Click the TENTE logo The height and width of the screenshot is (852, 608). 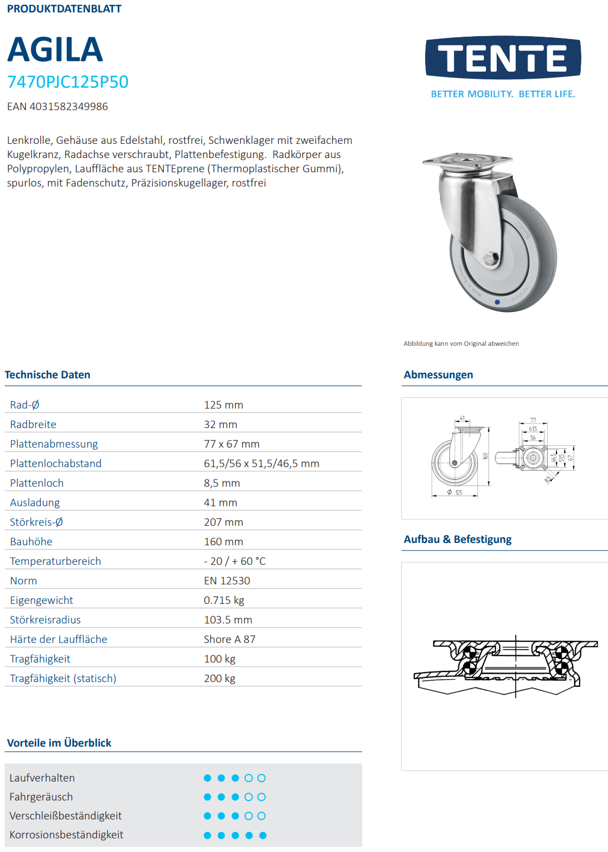(503, 58)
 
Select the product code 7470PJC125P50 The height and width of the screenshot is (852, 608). (67, 82)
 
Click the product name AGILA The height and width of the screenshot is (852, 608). (55, 50)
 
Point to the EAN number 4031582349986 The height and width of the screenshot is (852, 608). (57, 107)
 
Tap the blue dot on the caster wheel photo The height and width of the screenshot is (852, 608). (497, 302)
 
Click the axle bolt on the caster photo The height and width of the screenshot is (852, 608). (489, 259)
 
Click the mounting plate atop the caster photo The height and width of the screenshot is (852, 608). (467, 160)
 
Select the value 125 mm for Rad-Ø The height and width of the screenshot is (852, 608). (223, 405)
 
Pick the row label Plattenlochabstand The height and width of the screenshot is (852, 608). (56, 464)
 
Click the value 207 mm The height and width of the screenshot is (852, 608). (223, 522)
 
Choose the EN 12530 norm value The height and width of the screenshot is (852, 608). (227, 581)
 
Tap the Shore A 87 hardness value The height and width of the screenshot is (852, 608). (229, 639)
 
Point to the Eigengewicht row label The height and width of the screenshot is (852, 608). (41, 600)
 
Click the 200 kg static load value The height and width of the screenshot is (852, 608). (220, 679)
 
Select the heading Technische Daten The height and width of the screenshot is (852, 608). (47, 375)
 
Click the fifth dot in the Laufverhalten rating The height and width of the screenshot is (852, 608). (262, 778)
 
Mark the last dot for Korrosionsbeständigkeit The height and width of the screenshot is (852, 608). (263, 835)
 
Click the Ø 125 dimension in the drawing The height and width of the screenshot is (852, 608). (455, 492)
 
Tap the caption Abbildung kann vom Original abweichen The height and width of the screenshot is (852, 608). (461, 343)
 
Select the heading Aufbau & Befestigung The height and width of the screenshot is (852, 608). (458, 539)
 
